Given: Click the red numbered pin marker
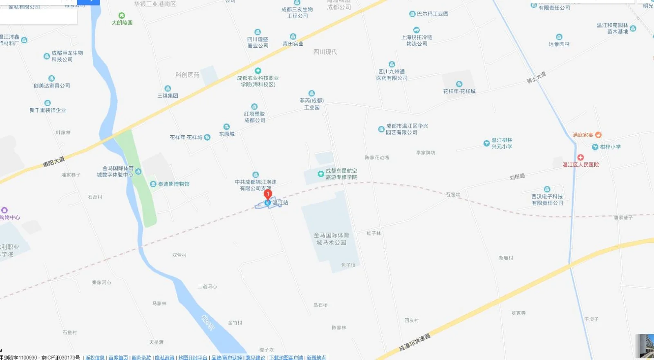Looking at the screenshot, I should tap(268, 194).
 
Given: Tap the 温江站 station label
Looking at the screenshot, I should tap(280, 203).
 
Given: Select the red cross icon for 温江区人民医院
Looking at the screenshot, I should tap(580, 157).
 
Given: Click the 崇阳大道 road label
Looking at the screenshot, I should tap(54, 162).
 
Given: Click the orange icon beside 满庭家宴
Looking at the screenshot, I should tap(598, 135).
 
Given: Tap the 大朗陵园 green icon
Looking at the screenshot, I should tap(121, 16).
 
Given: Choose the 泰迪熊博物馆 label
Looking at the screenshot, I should tap(174, 184).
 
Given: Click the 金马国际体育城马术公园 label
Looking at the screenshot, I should tap(331, 239).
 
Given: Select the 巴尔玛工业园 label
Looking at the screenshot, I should tap(432, 14).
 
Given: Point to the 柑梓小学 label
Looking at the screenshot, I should tap(610, 147).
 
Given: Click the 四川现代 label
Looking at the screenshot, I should tap(325, 52).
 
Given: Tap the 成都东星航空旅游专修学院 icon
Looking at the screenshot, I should tap(321, 174).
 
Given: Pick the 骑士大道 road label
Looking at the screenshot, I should tap(536, 77).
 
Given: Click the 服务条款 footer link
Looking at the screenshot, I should tap(141, 358).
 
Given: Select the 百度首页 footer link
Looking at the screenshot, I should tap(118, 358).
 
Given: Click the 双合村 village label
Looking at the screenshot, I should tap(179, 255).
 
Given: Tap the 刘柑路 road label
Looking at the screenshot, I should tap(517, 177).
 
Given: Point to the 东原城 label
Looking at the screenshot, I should tap(227, 134).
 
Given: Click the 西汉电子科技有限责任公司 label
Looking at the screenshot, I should tap(547, 200).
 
